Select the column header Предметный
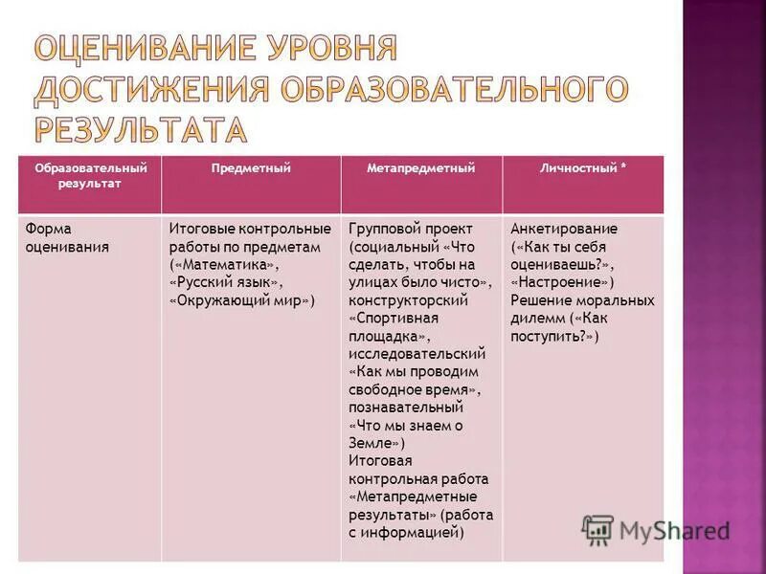(251, 168)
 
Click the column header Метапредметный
(421, 168)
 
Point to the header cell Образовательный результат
(90, 176)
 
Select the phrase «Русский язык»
(226, 282)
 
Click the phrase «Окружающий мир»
(241, 300)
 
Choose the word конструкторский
(408, 300)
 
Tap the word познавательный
(401, 408)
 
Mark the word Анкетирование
(564, 229)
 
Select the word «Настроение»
(563, 282)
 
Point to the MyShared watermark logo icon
(598, 529)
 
